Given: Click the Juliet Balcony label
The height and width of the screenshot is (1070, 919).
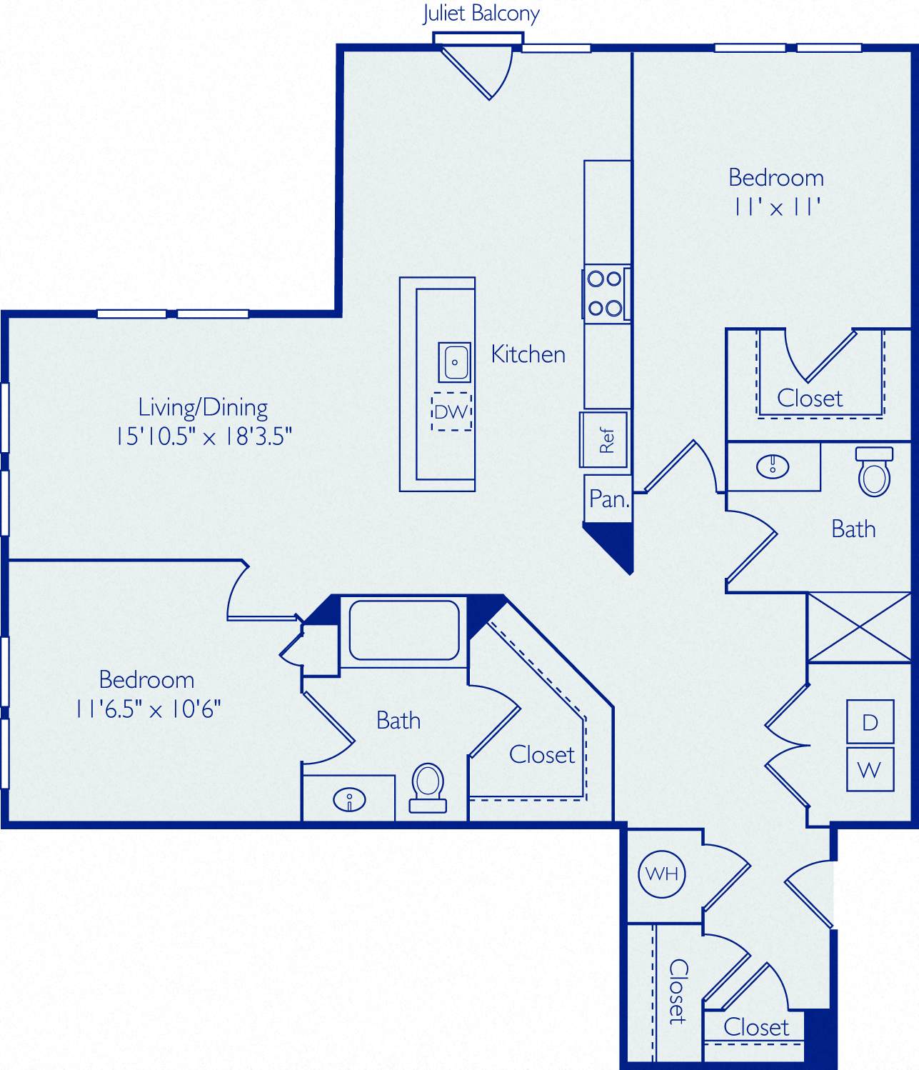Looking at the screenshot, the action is [x=481, y=14].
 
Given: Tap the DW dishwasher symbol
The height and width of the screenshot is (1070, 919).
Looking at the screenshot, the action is [x=452, y=411].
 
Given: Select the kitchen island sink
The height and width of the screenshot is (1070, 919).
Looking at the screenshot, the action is [x=455, y=362].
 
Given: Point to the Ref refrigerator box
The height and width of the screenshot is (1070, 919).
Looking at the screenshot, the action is [x=604, y=441].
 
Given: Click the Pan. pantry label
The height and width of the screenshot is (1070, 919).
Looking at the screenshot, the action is [x=609, y=499].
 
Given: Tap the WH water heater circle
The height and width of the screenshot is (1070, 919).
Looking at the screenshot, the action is [x=662, y=874].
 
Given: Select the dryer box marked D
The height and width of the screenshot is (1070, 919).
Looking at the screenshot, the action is [x=870, y=721].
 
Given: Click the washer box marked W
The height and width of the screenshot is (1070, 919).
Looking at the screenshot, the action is [x=870, y=769].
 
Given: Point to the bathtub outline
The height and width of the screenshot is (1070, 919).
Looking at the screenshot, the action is [x=404, y=630].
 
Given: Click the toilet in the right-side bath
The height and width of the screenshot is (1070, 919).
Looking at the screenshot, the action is [x=874, y=471].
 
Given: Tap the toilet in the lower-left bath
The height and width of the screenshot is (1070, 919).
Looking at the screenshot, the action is [x=428, y=788].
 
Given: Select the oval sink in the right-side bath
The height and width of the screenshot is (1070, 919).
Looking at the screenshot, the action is [x=773, y=466].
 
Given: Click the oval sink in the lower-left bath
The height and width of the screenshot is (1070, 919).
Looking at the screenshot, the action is [x=349, y=800].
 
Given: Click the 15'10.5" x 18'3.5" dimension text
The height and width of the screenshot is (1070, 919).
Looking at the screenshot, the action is [x=204, y=436].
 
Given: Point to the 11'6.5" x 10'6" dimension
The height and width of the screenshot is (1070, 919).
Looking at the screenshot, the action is [x=149, y=709].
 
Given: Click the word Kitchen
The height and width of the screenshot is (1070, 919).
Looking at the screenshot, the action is [x=528, y=354].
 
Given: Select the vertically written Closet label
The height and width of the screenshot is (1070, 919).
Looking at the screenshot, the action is [x=678, y=991].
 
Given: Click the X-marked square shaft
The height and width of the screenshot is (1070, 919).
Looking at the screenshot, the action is [x=859, y=627].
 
